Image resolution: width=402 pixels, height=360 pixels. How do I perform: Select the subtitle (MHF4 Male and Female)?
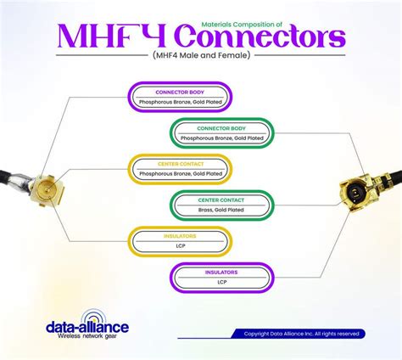tap(201, 56)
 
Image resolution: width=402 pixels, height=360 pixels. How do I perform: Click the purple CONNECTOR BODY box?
tap(179, 96)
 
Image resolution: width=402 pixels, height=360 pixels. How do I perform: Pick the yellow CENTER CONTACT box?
tap(179, 168)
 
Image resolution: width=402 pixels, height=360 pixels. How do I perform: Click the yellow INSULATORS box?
tap(179, 241)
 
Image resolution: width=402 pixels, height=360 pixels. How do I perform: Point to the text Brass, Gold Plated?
tap(221, 210)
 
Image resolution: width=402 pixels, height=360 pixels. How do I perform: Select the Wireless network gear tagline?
tap(82, 337)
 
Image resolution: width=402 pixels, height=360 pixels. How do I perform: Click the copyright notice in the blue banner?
tap(301, 334)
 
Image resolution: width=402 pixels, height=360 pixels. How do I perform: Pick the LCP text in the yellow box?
tap(179, 246)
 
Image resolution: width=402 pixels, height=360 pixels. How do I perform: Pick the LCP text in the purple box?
tap(221, 282)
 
